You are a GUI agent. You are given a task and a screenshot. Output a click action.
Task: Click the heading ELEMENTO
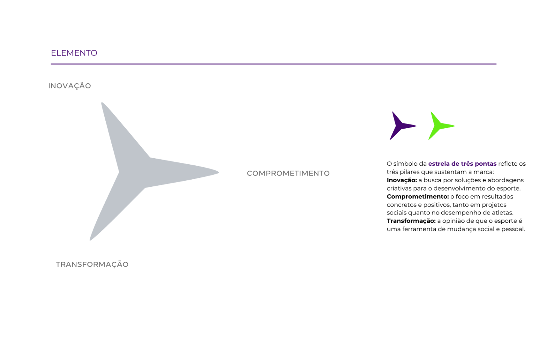pos(74,53)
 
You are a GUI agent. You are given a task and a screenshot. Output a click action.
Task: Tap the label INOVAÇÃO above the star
pos(69,86)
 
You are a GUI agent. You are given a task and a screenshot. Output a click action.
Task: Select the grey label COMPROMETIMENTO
pos(288,173)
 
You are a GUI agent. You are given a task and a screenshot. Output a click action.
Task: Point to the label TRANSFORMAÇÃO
pos(92,264)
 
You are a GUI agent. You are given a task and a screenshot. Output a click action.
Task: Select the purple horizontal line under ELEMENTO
pos(274,64)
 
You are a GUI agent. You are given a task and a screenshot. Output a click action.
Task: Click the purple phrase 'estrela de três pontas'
pos(462,164)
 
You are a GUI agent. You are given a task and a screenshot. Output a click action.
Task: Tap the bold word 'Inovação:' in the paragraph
pos(402,180)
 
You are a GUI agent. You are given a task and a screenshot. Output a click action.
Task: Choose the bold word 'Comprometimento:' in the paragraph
pos(418,196)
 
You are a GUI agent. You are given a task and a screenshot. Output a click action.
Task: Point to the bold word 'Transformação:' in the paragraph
pos(411,221)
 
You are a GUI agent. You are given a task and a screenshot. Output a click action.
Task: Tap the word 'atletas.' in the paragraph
pos(502,213)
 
